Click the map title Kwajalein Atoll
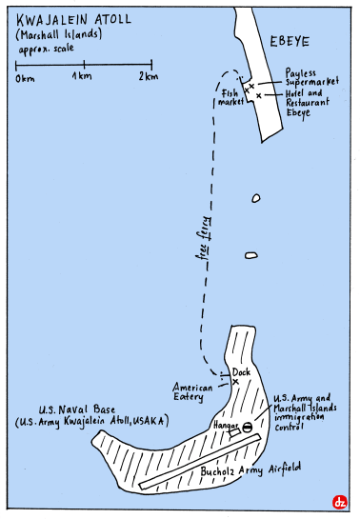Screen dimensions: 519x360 (69, 17)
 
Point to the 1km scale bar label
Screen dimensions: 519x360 (83, 76)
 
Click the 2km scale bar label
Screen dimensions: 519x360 (147, 76)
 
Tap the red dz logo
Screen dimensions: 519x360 (338, 502)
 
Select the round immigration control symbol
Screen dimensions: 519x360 (247, 428)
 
